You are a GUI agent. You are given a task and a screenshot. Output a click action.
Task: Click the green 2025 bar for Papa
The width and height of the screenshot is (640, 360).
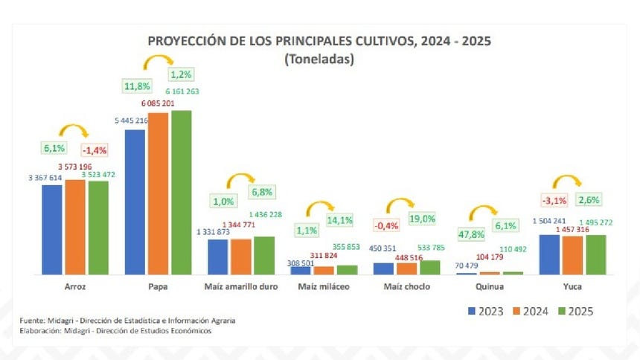tap(182, 193)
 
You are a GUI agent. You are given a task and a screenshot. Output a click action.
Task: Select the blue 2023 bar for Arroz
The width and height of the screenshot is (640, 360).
tap(52, 230)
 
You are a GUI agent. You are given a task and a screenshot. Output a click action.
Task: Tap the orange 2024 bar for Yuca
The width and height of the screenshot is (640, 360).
tap(573, 255)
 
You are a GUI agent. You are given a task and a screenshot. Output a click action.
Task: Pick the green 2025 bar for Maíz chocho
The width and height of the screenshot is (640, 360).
tap(429, 268)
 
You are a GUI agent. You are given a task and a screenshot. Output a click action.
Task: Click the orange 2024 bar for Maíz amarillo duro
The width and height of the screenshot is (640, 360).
tap(241, 257)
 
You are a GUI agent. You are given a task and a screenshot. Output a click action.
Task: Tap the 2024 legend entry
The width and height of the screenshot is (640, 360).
tap(536, 312)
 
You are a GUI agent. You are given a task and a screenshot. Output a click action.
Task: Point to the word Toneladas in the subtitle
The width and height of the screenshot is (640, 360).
tap(319, 60)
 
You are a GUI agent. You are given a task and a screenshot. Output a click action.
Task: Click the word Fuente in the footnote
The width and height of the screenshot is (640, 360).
tap(33, 320)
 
